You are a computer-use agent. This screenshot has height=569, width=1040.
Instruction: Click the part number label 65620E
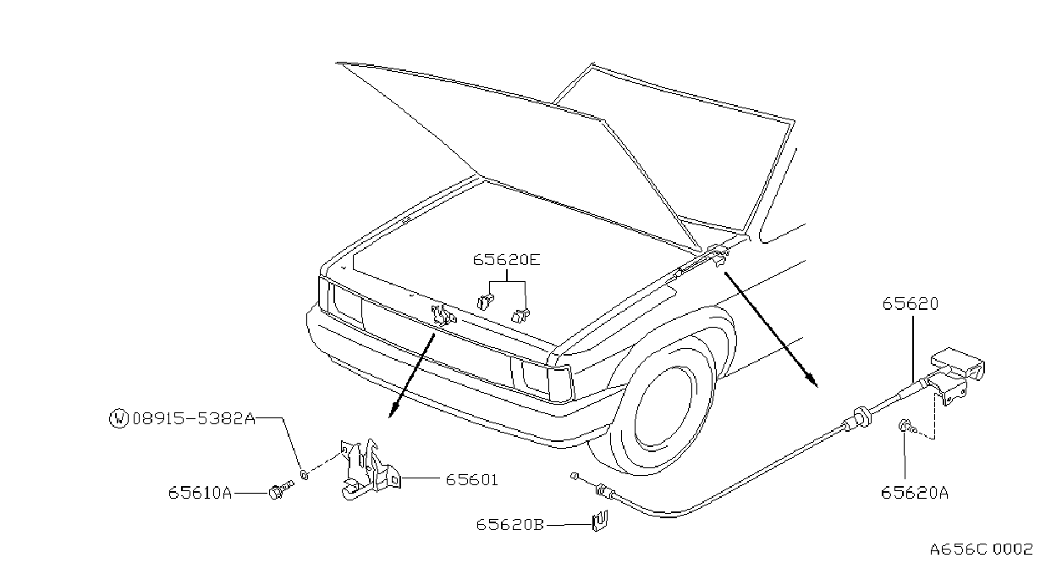click(x=507, y=260)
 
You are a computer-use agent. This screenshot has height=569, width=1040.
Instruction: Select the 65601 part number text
click(x=471, y=480)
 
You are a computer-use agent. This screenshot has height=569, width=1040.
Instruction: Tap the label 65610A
click(x=200, y=492)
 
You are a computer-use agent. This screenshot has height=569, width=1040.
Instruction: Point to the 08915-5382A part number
click(x=194, y=419)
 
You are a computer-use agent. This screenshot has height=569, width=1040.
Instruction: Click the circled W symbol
click(x=118, y=418)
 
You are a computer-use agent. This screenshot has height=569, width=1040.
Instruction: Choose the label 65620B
click(x=509, y=525)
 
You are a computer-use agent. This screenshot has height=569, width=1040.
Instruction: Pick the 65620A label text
click(x=915, y=493)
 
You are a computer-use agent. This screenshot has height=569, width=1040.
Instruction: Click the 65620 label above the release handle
click(x=911, y=304)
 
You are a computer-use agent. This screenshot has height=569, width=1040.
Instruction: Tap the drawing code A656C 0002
click(x=981, y=550)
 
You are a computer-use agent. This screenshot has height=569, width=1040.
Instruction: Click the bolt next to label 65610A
click(x=280, y=490)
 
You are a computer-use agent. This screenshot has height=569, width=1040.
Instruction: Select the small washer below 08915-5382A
click(x=305, y=475)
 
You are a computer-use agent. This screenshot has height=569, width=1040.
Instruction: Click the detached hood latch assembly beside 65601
click(x=370, y=469)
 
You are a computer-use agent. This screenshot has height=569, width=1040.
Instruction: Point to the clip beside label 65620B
click(x=599, y=521)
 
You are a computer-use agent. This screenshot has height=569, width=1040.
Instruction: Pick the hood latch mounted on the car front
click(x=443, y=315)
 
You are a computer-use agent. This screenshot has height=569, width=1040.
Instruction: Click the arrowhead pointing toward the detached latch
click(x=393, y=409)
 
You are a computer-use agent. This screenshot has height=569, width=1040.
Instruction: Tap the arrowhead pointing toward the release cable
click(x=812, y=379)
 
